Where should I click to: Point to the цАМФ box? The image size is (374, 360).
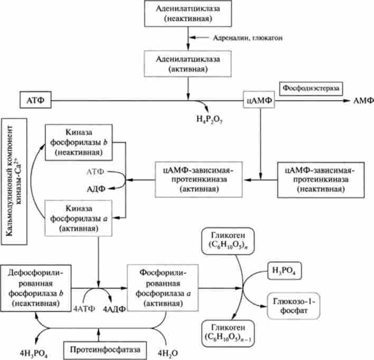259,100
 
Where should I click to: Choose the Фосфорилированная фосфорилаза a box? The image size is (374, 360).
158,287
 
